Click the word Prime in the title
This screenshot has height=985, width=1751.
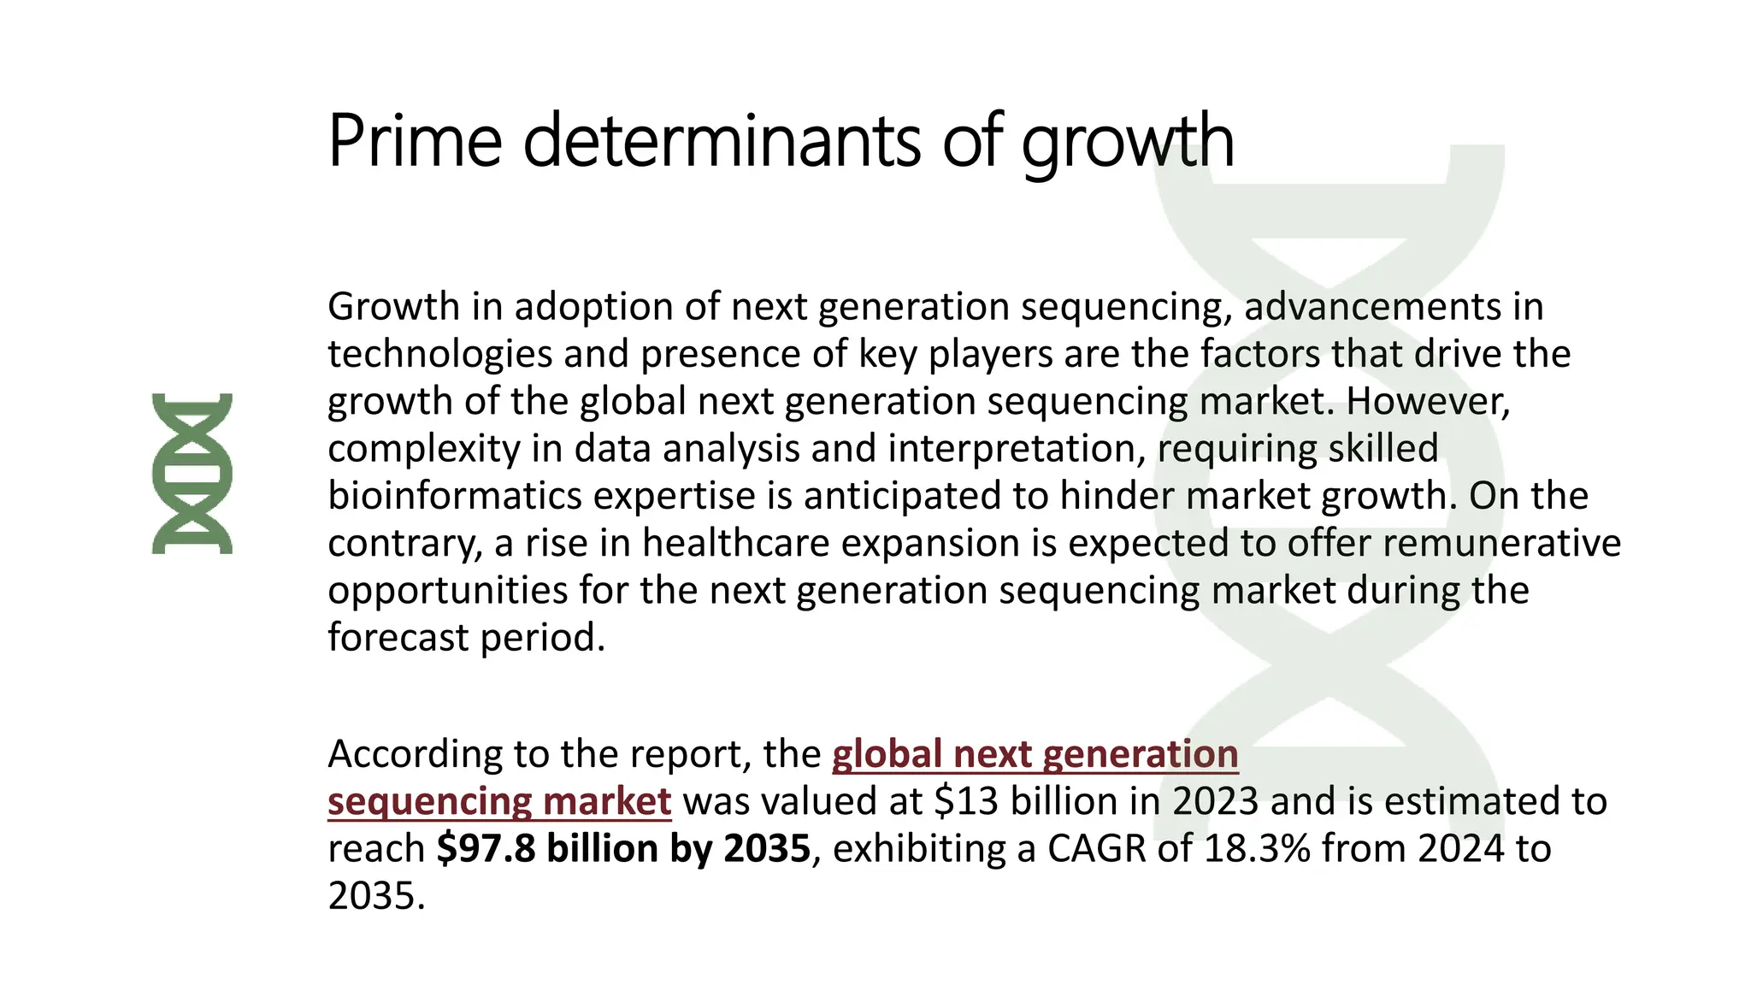coord(415,141)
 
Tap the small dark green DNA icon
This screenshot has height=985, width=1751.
coord(192,474)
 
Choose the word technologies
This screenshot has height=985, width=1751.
coord(439,354)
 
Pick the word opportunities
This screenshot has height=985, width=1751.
coord(447,591)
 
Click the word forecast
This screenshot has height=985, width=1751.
coord(398,638)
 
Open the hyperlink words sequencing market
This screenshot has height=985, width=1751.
coord(499,802)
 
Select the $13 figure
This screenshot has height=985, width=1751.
coord(966,802)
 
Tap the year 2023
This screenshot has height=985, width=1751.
coord(1215,802)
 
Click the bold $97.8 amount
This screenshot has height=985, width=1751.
coord(486,849)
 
